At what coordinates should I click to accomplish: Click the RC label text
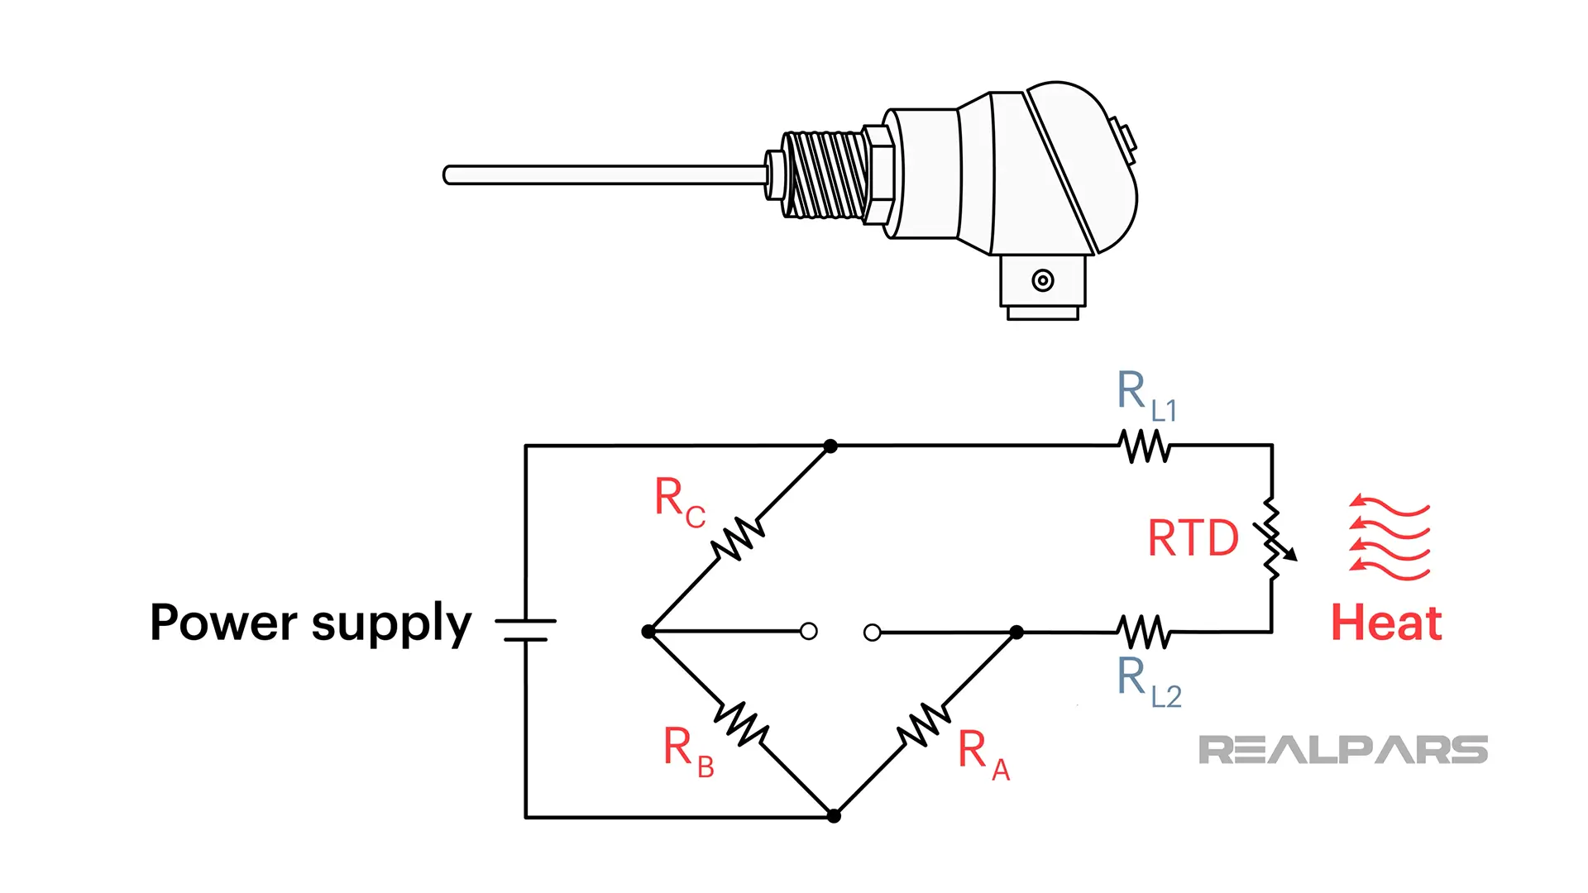coord(679,501)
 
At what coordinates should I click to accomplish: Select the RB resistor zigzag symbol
coord(742,723)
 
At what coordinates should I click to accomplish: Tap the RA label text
coord(983,753)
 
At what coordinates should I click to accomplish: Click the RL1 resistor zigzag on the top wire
coord(1145,446)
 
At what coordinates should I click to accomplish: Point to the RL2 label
coord(1148,682)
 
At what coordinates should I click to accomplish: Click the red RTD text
coord(1193,538)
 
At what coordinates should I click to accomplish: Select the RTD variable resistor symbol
coord(1272,539)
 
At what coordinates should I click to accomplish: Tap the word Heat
coord(1386,623)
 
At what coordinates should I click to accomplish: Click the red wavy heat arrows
coord(1389,537)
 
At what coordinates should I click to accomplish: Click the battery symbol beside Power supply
coord(526,630)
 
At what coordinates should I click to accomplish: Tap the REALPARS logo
coord(1342,750)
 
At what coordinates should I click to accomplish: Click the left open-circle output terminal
coord(809,632)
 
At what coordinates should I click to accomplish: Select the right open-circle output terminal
coord(872,633)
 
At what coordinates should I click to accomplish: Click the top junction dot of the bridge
coord(831,446)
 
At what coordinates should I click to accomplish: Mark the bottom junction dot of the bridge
coord(834,816)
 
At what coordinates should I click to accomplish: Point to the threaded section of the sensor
coord(825,175)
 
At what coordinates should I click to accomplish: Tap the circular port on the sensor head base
coord(1043,280)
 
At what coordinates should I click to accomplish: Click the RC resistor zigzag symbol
coord(738,539)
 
